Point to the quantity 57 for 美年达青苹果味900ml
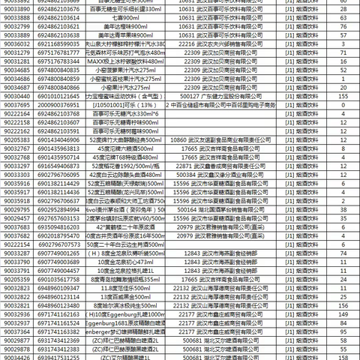click(x=340, y=35)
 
